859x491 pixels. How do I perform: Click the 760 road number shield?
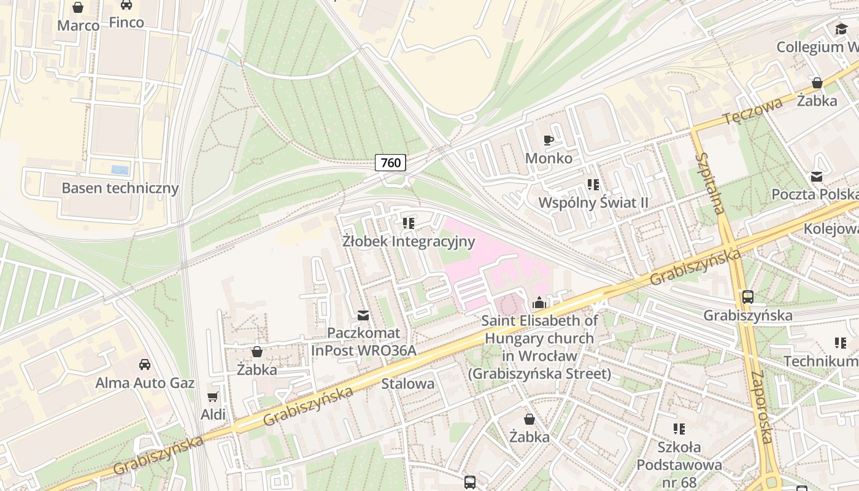(391, 163)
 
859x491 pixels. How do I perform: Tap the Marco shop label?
(79, 25)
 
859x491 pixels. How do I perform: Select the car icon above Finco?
(126, 5)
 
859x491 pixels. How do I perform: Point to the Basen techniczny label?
(120, 188)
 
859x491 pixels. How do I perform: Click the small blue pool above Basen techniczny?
(120, 170)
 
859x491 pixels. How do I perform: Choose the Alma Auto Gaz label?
(145, 383)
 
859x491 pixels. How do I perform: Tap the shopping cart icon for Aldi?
(213, 396)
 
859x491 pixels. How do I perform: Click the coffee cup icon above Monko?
(549, 141)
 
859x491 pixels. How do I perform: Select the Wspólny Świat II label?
(593, 202)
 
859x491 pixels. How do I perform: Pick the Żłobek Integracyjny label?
(409, 241)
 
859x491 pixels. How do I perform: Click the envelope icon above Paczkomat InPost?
(363, 315)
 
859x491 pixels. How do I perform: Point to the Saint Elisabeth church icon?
(539, 303)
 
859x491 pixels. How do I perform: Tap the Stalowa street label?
(407, 384)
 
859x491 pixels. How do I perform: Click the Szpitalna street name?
(711, 183)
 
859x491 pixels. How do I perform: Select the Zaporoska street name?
(761, 407)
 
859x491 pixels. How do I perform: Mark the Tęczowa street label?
(752, 110)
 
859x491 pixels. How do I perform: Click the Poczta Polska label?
(814, 194)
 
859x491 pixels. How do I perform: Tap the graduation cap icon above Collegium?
(841, 29)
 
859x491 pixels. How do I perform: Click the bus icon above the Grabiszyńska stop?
(748, 297)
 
